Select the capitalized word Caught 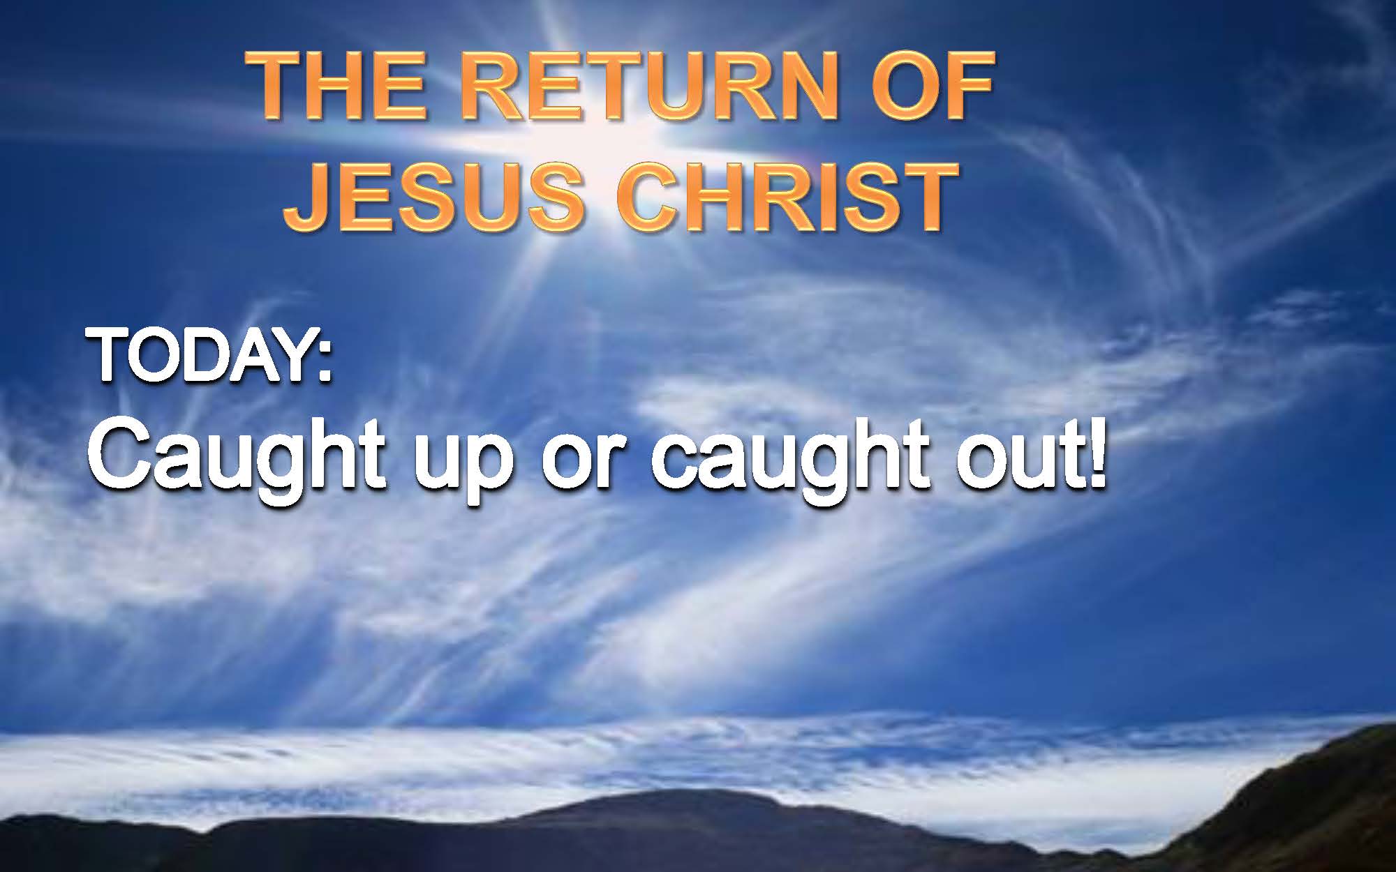coord(237,463)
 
